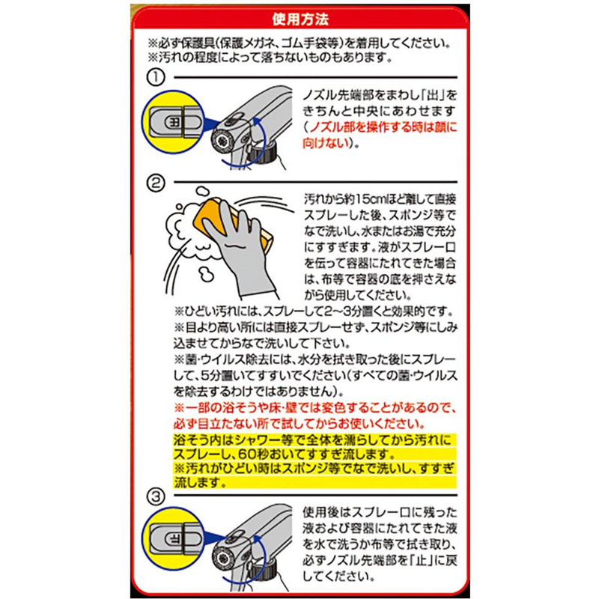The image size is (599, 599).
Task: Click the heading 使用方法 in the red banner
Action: [300, 19]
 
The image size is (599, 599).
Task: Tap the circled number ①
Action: [156, 78]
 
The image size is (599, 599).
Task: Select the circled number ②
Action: [156, 183]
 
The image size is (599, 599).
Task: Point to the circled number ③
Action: [156, 496]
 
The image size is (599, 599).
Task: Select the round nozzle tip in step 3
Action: [222, 559]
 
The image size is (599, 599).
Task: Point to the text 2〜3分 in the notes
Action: [341, 311]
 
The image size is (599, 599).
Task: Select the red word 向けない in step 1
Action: [326, 143]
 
